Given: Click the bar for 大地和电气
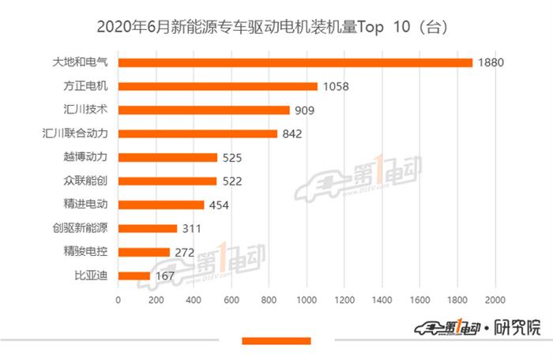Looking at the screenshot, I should pos(295,62).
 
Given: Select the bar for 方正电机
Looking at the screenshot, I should pos(217,86).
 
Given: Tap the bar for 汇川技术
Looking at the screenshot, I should pos(204,110).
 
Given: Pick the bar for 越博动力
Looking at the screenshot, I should pos(167,157).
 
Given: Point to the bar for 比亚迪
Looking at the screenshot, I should pos(134,276).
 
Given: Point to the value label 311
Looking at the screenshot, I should pos(192,228).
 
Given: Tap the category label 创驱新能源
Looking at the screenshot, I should pos(85,228).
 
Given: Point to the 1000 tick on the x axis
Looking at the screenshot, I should pos(307,300).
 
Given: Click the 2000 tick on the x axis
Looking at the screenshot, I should pos(495,300).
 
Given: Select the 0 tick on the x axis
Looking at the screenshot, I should pos(118,300).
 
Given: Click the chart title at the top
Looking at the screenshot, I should pos(276,26).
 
